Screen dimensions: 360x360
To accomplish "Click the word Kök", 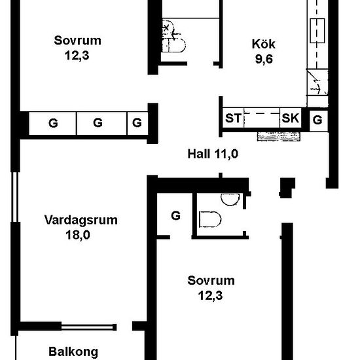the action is tap(263, 44).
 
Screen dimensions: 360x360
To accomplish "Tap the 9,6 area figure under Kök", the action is tap(264, 59).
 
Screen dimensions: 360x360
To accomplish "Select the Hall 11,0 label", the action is tap(213, 154).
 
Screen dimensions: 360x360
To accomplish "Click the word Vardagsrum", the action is tap(81, 220).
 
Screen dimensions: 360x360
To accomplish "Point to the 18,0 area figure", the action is tap(78, 235).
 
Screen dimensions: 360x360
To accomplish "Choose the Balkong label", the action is tap(73, 351).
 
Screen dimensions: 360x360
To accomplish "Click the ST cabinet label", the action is tap(233, 118).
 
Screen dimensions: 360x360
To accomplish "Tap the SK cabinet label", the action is tap(291, 118).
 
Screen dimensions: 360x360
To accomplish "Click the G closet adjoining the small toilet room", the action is tap(175, 215).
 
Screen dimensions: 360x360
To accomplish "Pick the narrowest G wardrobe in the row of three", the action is tap(137, 123).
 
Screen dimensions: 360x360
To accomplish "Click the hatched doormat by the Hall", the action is tap(278, 137).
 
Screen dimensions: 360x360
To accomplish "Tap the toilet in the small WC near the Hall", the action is tap(210, 219).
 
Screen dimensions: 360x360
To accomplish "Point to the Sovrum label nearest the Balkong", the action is tap(211, 281).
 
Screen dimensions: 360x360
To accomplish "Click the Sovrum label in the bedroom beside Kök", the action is tap(78, 41).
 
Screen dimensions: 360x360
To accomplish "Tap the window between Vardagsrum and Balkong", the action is tap(88, 327).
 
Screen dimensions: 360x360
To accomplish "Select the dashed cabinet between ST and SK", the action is tap(262, 118).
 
